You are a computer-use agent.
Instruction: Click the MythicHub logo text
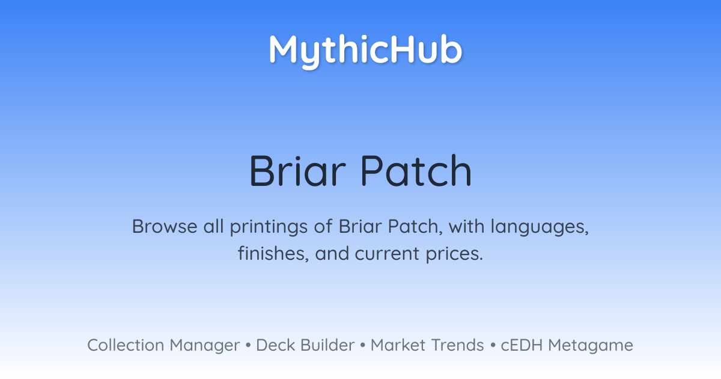(366, 51)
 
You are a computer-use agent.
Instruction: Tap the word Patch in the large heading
(416, 171)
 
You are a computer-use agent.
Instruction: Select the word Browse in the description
(165, 226)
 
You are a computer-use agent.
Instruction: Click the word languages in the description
(540, 227)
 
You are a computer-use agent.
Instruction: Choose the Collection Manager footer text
(163, 345)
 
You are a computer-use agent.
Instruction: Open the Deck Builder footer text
(305, 345)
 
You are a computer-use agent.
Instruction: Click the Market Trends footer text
(427, 345)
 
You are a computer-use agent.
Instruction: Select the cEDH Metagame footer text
(567, 345)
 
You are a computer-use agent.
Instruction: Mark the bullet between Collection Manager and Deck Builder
(248, 345)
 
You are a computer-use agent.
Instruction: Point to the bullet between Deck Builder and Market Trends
(363, 345)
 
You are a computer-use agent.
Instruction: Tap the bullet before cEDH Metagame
(493, 345)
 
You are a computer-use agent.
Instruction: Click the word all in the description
(213, 226)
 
